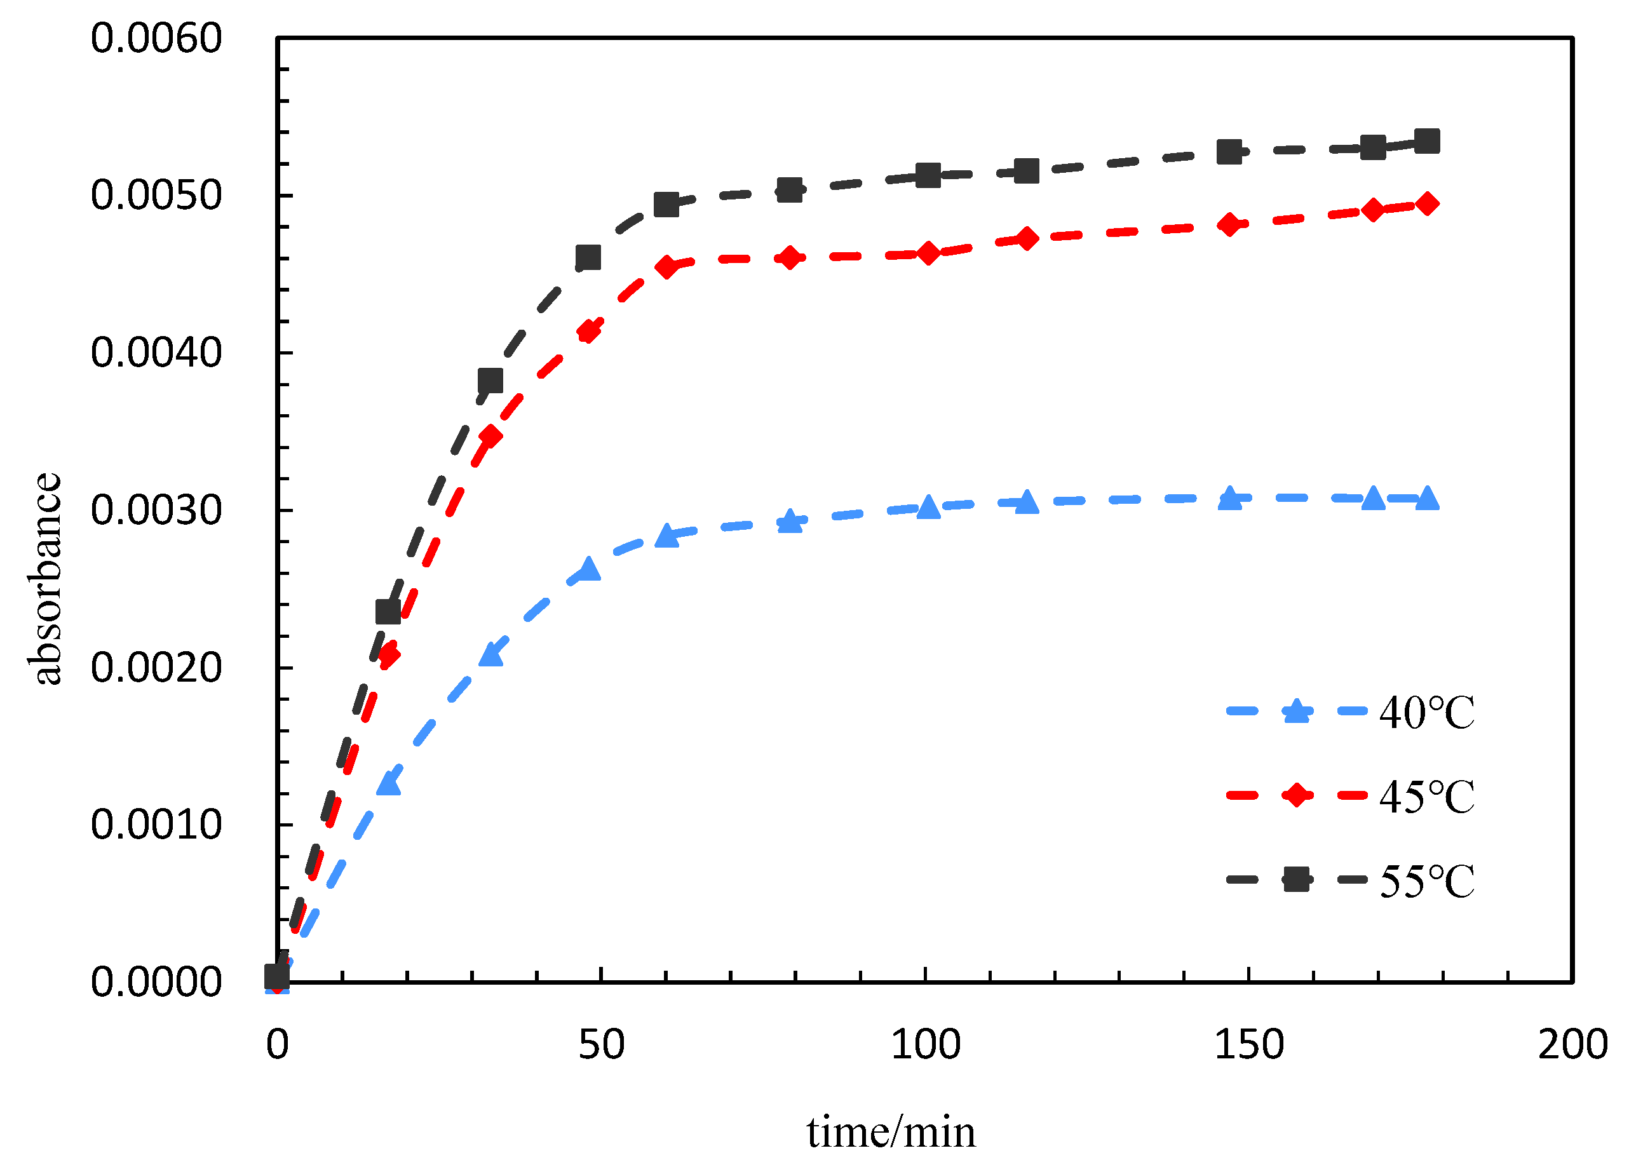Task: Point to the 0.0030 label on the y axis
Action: (156, 511)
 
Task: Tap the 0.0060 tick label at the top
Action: (156, 38)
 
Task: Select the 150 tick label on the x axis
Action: (1249, 1045)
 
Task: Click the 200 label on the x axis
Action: (1572, 1045)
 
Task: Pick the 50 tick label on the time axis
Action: (601, 1045)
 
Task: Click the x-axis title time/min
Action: (891, 1133)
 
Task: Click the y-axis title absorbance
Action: (46, 579)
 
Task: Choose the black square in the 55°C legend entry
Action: (1297, 879)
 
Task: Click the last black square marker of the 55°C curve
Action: (1427, 142)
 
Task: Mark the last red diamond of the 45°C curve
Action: (1428, 204)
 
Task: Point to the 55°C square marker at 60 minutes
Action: (666, 205)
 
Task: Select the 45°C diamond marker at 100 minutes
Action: (928, 253)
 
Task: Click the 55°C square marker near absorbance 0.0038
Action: (490, 380)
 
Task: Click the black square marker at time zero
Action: (276, 976)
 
